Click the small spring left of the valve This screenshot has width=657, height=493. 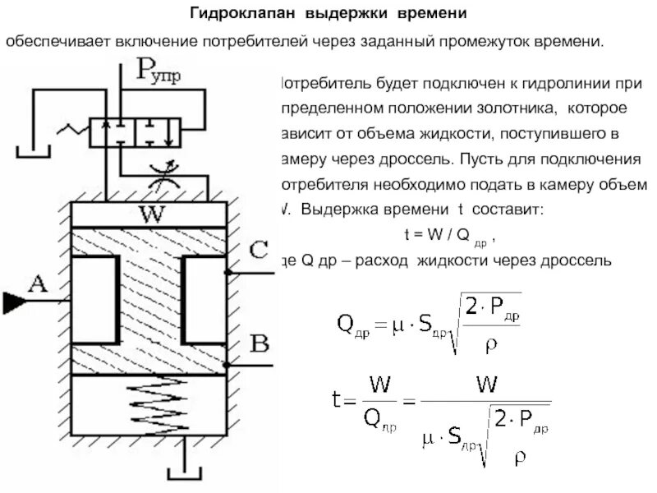[x=71, y=129]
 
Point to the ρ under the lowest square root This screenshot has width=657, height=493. [x=519, y=458]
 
